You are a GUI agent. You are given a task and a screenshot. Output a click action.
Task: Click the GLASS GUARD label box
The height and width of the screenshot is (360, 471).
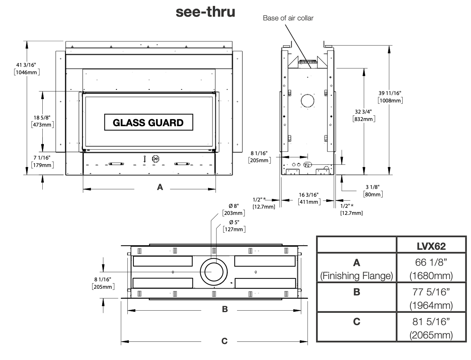tap(149, 122)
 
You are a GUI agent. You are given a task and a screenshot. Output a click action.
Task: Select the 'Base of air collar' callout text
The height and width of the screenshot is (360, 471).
tap(288, 18)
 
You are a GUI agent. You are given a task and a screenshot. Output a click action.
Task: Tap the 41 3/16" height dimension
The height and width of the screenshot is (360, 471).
tap(27, 68)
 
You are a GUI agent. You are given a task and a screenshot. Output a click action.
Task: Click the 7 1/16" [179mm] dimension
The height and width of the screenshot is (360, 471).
tap(42, 161)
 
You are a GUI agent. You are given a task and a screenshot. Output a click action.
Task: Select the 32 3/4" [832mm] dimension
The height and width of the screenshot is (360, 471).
tap(364, 115)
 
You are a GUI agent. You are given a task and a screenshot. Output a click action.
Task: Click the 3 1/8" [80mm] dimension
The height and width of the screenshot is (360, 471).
tap(373, 191)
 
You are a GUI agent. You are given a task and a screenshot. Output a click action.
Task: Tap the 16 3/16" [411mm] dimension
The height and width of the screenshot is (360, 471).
tap(309, 198)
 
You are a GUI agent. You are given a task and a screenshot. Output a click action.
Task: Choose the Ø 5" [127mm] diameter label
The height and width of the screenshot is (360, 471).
tap(234, 226)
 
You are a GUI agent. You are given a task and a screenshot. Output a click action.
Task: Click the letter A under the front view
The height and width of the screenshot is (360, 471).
tap(160, 187)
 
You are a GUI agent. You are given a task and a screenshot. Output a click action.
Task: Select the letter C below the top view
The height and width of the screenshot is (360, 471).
tap(224, 341)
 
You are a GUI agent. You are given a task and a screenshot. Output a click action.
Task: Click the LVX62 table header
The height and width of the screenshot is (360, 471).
tap(431, 246)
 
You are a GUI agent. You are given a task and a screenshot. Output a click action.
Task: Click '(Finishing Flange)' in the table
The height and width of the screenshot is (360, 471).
tap(357, 276)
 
